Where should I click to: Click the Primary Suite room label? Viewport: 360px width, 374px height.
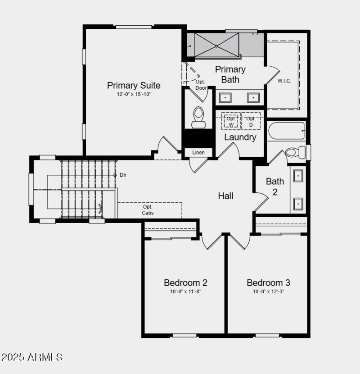[134, 85]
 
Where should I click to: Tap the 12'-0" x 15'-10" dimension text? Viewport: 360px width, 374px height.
[134, 95]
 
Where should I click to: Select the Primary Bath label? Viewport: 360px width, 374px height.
[230, 74]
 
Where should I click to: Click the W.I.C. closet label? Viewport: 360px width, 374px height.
[284, 81]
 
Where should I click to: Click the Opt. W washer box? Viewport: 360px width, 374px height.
[231, 121]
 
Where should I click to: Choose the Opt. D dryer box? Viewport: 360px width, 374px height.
[251, 121]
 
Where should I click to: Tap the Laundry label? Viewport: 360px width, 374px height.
[240, 137]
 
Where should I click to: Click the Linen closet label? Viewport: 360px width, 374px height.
[198, 152]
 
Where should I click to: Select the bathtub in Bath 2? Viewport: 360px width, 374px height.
[286, 131]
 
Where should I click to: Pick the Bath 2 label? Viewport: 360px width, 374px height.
[275, 187]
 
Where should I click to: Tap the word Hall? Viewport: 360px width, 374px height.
[225, 196]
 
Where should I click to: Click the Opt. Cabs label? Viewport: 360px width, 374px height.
[148, 210]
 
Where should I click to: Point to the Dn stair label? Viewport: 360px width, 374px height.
[122, 175]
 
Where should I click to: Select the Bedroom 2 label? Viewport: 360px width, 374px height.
[185, 283]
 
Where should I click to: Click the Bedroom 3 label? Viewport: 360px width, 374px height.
[268, 283]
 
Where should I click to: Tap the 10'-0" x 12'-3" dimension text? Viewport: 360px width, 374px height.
[268, 292]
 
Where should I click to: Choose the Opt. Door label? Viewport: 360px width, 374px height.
[201, 85]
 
